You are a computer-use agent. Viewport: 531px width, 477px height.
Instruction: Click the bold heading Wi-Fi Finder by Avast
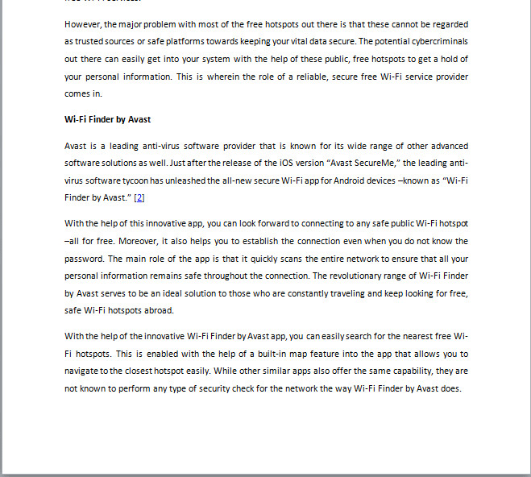(x=107, y=119)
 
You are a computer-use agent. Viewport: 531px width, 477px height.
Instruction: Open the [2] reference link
(x=139, y=197)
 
